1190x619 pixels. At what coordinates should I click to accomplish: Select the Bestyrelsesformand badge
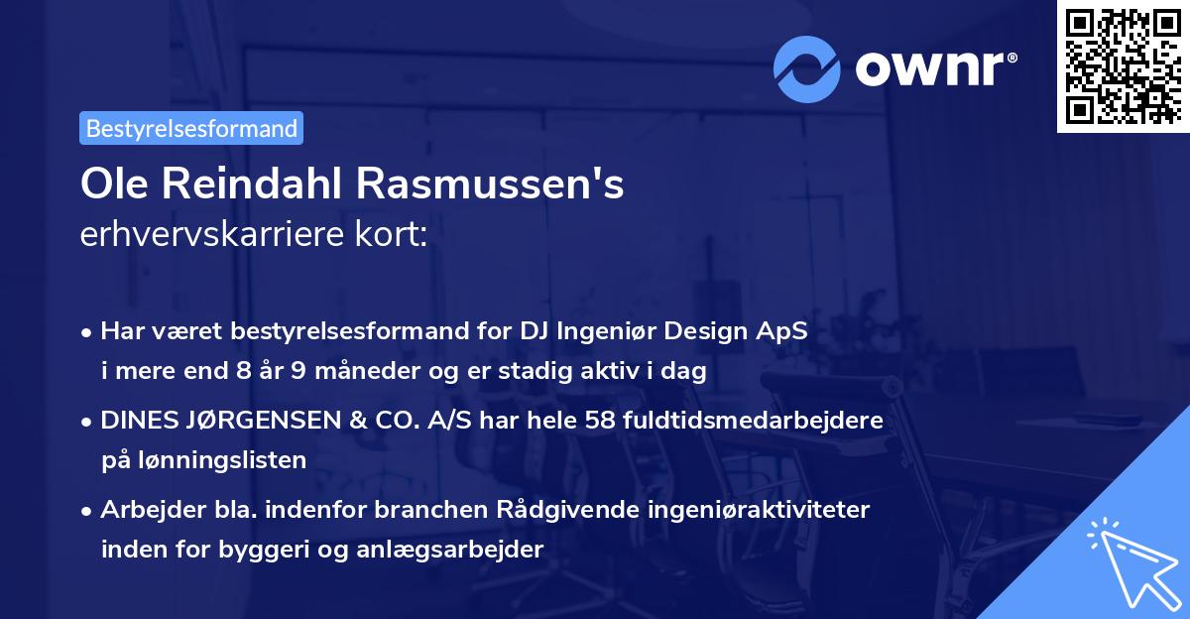click(x=191, y=128)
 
